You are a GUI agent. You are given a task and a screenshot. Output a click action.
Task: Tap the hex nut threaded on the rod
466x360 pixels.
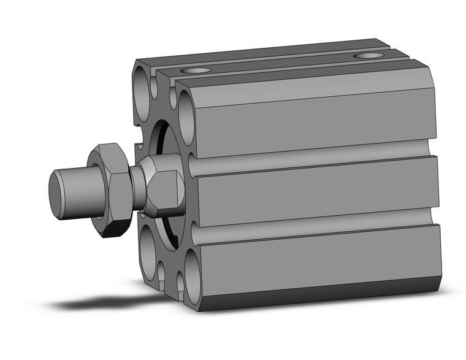[111, 190]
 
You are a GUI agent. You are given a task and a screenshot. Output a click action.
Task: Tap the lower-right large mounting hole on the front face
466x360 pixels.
[193, 278]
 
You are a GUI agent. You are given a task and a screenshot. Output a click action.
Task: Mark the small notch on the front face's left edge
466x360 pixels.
[139, 147]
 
